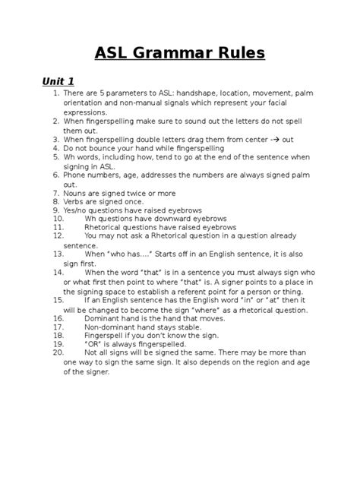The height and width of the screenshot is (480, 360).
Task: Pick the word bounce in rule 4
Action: tap(103, 148)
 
